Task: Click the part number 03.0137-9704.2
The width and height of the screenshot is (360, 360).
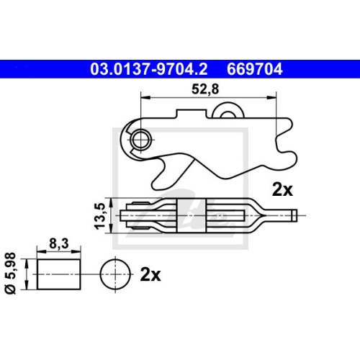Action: tap(149, 70)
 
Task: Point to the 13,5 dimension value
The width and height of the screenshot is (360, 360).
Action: tap(100, 215)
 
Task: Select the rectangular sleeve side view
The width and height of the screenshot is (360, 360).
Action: tap(58, 275)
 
